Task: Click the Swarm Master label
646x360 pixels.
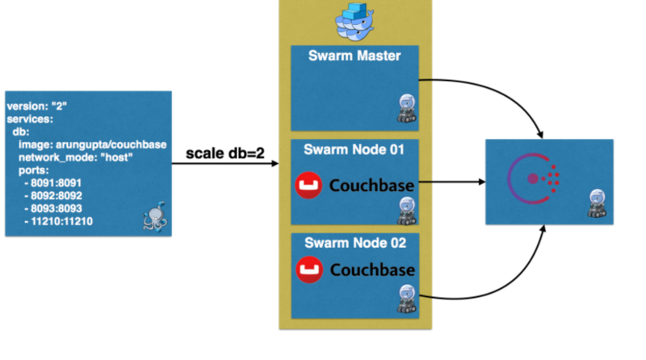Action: [354, 57]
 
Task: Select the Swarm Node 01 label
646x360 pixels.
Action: [354, 150]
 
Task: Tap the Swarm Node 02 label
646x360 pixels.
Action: [354, 243]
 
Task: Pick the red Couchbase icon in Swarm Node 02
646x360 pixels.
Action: [308, 269]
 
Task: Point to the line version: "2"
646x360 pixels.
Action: [41, 106]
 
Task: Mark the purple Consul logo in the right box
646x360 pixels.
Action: [533, 178]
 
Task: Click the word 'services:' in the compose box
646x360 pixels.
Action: [30, 118]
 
